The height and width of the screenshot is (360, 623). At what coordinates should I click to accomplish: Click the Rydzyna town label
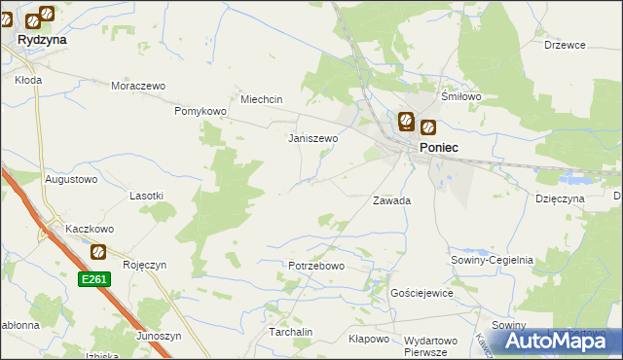(41, 41)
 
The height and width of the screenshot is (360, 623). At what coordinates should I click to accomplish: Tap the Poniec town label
(439, 147)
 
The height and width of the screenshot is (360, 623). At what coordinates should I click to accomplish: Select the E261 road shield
(94, 279)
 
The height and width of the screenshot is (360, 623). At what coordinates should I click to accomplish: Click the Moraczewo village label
(139, 86)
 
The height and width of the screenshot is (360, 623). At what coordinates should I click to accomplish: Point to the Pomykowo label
(201, 112)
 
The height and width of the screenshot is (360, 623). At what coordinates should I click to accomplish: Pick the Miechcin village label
(261, 99)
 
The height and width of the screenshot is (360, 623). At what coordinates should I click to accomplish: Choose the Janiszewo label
(312, 138)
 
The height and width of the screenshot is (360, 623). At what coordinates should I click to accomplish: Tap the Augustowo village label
(72, 180)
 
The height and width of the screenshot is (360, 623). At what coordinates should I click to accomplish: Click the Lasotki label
(146, 196)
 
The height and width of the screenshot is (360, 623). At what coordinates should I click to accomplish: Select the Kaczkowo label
(90, 229)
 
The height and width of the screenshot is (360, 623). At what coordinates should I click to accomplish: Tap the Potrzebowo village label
(316, 266)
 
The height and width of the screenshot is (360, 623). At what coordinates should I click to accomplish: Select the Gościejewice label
(421, 293)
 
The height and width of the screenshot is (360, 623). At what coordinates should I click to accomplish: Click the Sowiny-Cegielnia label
(492, 261)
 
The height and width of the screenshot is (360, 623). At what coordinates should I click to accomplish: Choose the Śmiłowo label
(461, 97)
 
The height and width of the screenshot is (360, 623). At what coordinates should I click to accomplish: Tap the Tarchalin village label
(290, 332)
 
